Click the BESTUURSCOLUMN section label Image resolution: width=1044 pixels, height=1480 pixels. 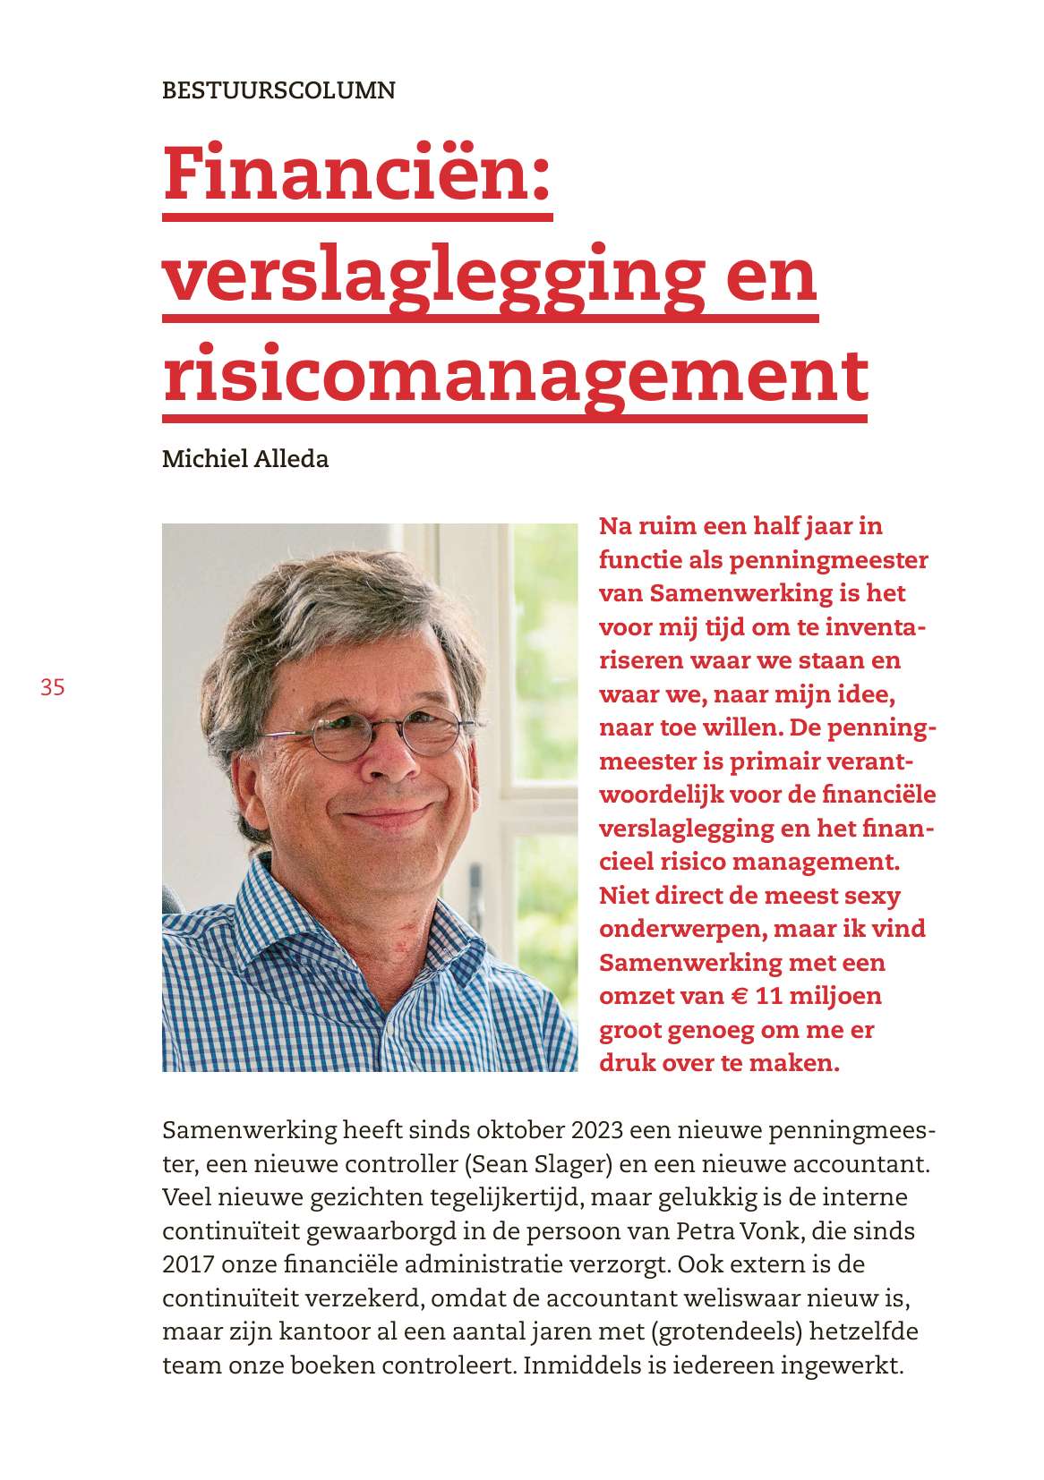click(x=278, y=90)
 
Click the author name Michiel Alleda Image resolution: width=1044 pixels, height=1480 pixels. click(x=245, y=459)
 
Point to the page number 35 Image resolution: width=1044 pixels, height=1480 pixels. click(x=52, y=687)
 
